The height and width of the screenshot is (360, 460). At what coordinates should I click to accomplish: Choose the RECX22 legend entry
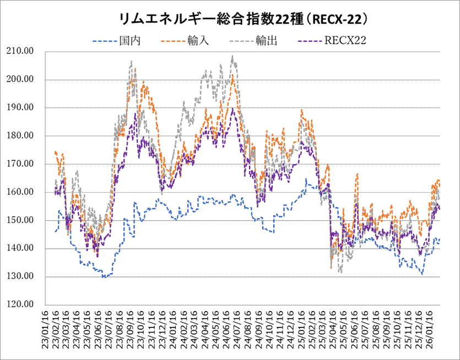point(346,40)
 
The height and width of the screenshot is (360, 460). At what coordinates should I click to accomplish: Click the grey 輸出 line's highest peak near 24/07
point(233,56)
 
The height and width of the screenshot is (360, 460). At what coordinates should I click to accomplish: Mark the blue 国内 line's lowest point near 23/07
point(104,277)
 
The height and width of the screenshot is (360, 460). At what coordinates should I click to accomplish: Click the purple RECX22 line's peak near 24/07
point(233,108)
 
